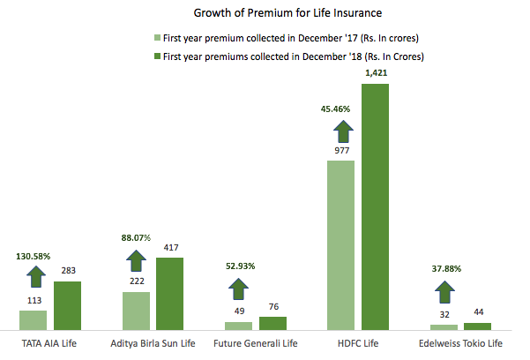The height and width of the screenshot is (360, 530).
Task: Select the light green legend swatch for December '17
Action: pos(157,39)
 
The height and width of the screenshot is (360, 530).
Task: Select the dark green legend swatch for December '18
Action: pos(157,56)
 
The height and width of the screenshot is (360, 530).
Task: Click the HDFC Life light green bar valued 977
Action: pos(340,246)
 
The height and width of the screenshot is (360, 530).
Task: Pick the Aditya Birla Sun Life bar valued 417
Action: pos(170,294)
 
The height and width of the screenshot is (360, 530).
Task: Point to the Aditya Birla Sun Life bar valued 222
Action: pos(136,311)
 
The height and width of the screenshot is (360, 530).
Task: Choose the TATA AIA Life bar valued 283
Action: pos(67,306)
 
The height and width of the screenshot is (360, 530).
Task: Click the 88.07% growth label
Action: pos(136,237)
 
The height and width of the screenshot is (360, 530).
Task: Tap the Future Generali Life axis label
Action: pos(256,343)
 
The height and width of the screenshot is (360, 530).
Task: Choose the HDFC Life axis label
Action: pos(358,343)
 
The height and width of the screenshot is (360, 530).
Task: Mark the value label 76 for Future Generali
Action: pos(273,306)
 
